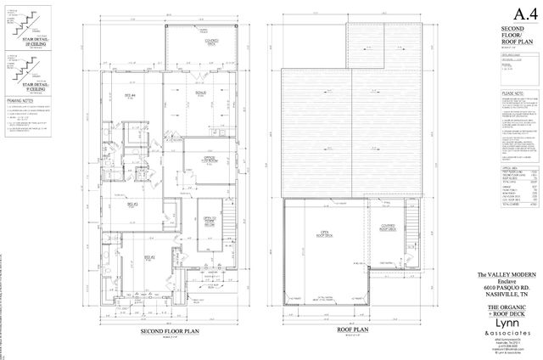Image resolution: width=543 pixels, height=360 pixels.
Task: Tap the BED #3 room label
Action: pos(132,205)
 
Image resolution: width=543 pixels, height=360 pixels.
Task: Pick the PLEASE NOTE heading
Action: pos(516,94)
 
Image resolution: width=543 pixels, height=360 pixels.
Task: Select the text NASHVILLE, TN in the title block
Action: pos(518,294)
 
